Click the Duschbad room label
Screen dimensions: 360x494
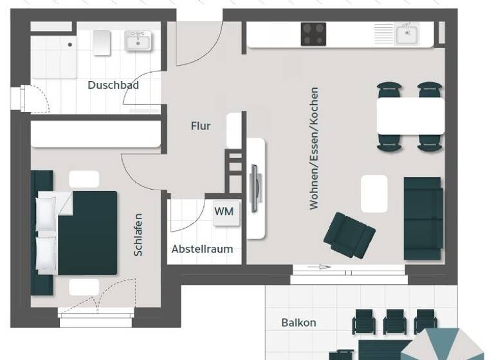tap(113, 85)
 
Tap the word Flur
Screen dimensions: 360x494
tap(201, 126)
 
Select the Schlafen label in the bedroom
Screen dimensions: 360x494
tap(138, 235)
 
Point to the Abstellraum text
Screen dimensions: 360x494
tap(202, 249)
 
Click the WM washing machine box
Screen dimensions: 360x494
tap(224, 212)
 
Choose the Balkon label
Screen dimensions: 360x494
tap(298, 323)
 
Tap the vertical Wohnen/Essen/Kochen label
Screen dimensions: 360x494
tap(315, 148)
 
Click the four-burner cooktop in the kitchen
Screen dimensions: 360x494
tap(313, 34)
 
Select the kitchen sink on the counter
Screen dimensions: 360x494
tap(407, 35)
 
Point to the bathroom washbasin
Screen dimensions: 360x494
tap(138, 40)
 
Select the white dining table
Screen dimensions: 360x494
tap(410, 116)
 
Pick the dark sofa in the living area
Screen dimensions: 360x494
tap(423, 218)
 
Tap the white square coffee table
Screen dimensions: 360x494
tap(374, 194)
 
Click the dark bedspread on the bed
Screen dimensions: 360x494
tap(87, 232)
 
